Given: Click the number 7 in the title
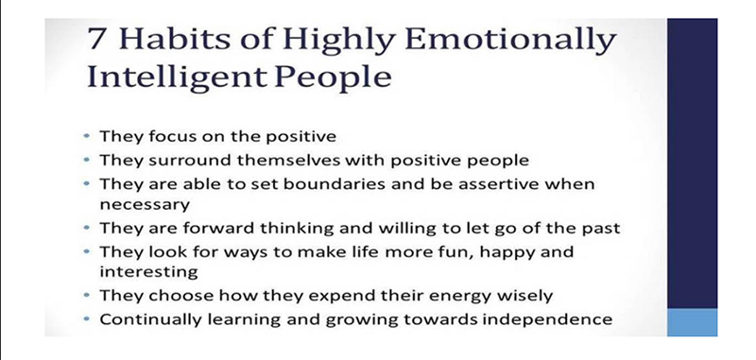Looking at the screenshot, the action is coord(96,40).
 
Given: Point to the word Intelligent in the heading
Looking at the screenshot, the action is coord(177,77).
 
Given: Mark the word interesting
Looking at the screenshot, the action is coord(148,272).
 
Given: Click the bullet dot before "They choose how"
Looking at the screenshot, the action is coord(87,295).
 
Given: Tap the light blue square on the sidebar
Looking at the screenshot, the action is coord(692,322).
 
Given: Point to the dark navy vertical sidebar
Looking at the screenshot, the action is coord(692,163).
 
